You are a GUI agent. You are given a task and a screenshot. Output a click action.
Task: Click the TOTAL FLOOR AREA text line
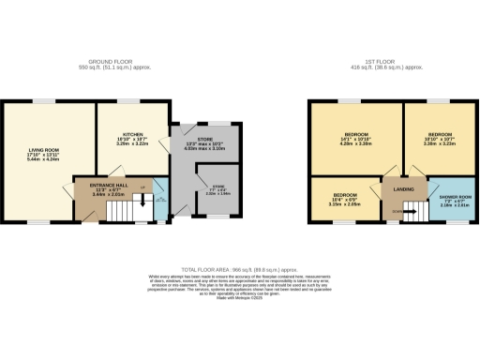click(239, 269)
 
